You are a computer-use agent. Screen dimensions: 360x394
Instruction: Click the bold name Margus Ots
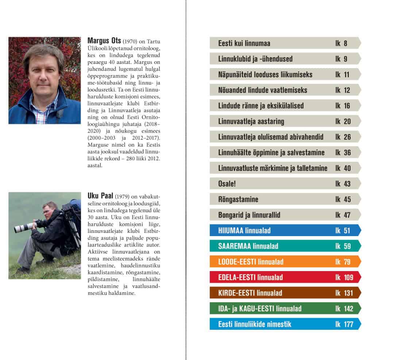104,41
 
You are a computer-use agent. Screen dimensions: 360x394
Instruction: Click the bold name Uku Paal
100,196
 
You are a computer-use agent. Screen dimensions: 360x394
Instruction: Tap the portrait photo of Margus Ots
45,80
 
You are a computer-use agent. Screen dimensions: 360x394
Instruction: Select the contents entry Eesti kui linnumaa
244,43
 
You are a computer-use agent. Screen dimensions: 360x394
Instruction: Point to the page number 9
345,59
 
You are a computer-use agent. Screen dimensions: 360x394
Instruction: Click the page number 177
348,324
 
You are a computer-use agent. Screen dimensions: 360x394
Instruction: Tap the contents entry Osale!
227,184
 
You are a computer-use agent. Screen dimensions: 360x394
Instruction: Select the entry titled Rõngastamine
238,199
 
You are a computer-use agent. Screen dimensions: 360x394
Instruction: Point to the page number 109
348,278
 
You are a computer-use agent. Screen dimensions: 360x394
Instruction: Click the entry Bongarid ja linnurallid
249,215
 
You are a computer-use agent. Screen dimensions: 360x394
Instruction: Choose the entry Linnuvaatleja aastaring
251,121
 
